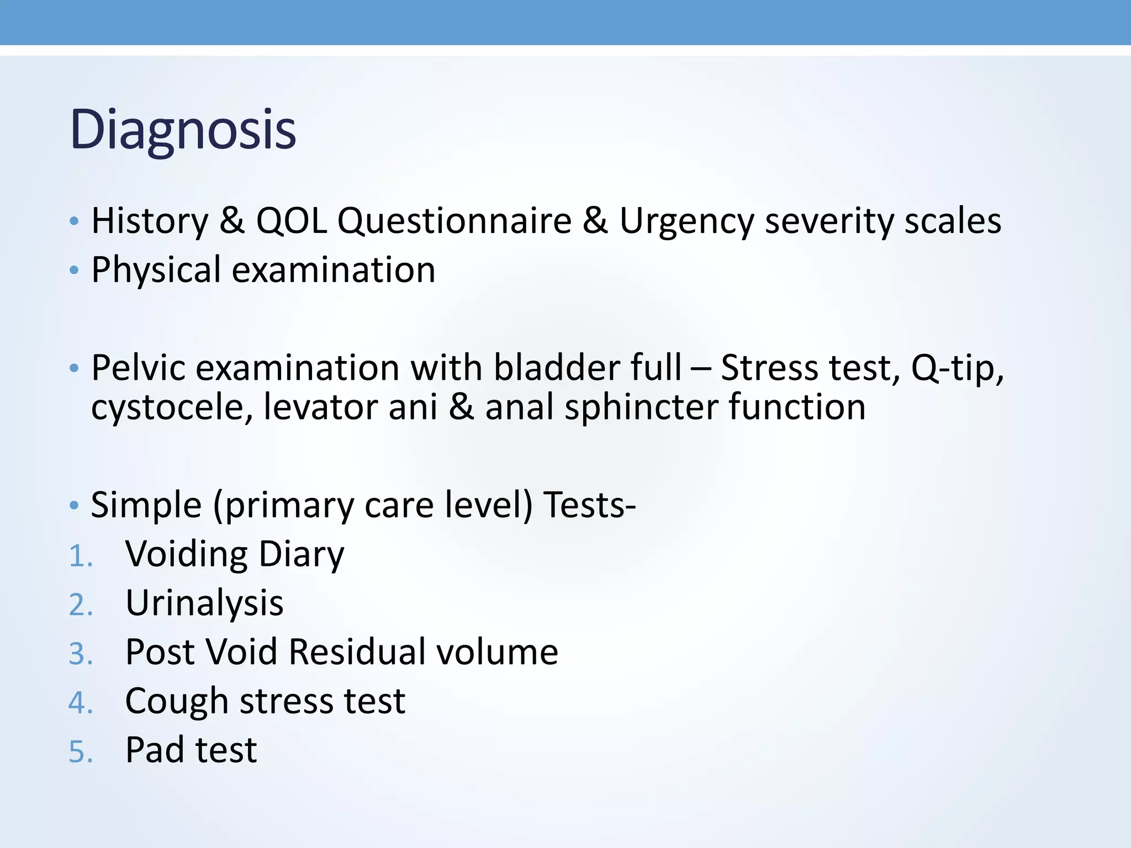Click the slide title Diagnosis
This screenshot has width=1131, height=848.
(183, 130)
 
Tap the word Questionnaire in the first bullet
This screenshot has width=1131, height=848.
(454, 221)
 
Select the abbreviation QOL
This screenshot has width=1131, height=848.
(291, 221)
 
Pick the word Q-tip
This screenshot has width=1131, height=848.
(957, 368)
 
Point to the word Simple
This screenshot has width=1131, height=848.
(146, 506)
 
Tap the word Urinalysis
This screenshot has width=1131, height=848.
(204, 603)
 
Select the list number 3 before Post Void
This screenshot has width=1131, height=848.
(80, 654)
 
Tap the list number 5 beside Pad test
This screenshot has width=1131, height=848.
(80, 752)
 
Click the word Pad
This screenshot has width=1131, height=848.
(154, 750)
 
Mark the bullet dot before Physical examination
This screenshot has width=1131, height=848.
(74, 271)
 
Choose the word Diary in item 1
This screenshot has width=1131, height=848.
(301, 555)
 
